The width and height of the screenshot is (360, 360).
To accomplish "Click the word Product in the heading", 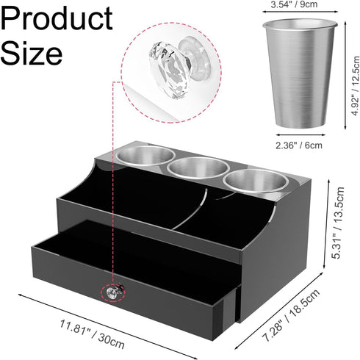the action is [x=57, y=19].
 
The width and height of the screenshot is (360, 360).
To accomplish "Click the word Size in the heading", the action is [x=32, y=53].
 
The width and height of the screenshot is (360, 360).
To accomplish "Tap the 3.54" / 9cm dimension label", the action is [x=294, y=4].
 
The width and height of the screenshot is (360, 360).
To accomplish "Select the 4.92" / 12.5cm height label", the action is [x=356, y=86].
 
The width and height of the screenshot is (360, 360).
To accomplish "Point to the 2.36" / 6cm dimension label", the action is [x=299, y=145].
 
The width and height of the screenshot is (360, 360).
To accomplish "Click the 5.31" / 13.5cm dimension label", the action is [x=338, y=223].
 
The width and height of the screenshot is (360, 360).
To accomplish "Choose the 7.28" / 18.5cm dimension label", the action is [x=291, y=315].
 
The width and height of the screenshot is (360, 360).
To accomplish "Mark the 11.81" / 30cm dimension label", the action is [x=93, y=334].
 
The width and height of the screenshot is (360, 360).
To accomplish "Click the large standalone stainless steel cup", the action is [x=300, y=73].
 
